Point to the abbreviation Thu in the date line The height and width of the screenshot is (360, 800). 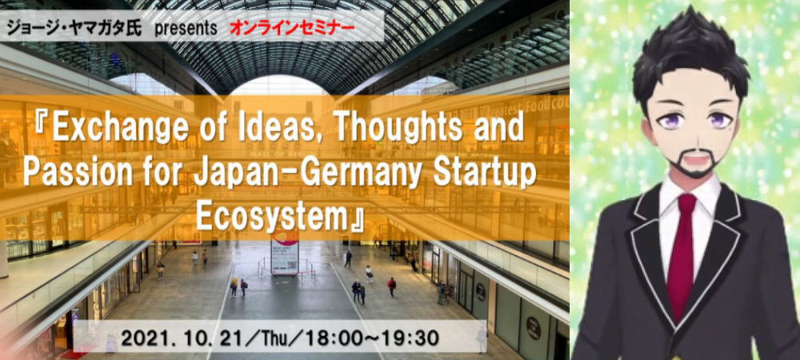point(298,338)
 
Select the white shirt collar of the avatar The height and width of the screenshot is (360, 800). point(690,202)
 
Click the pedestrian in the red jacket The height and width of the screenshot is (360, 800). point(391,286)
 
